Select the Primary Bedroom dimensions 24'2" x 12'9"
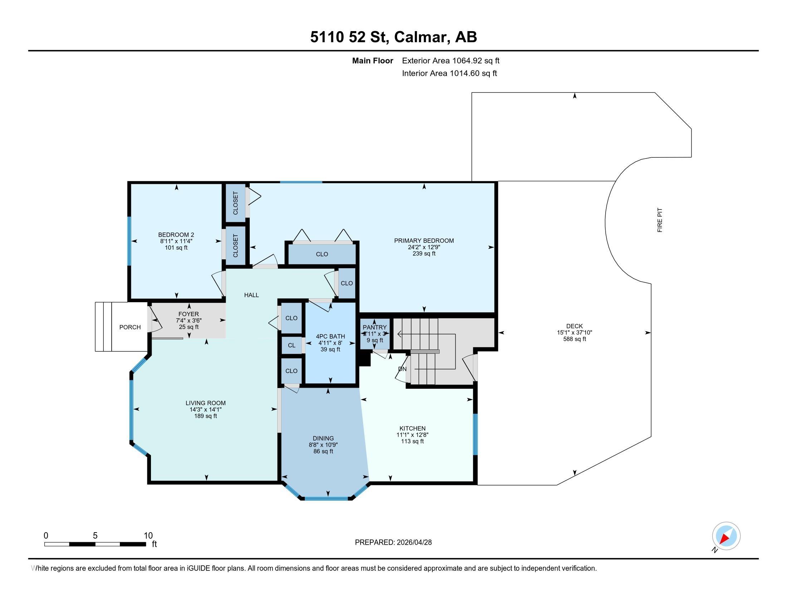tap(424, 247)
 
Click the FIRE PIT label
tap(660, 220)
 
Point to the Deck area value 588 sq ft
tap(575, 339)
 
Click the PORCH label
tap(130, 327)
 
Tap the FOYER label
tap(189, 314)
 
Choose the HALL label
tap(251, 295)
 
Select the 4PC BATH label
tap(331, 337)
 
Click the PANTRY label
tap(375, 327)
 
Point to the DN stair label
tap(402, 369)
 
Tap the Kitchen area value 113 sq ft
tap(412, 441)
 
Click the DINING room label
tap(323, 438)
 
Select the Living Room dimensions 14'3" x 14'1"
tap(205, 410)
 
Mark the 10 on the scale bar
tap(148, 535)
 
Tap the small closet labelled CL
tap(292, 345)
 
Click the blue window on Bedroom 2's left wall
tap(129, 241)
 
